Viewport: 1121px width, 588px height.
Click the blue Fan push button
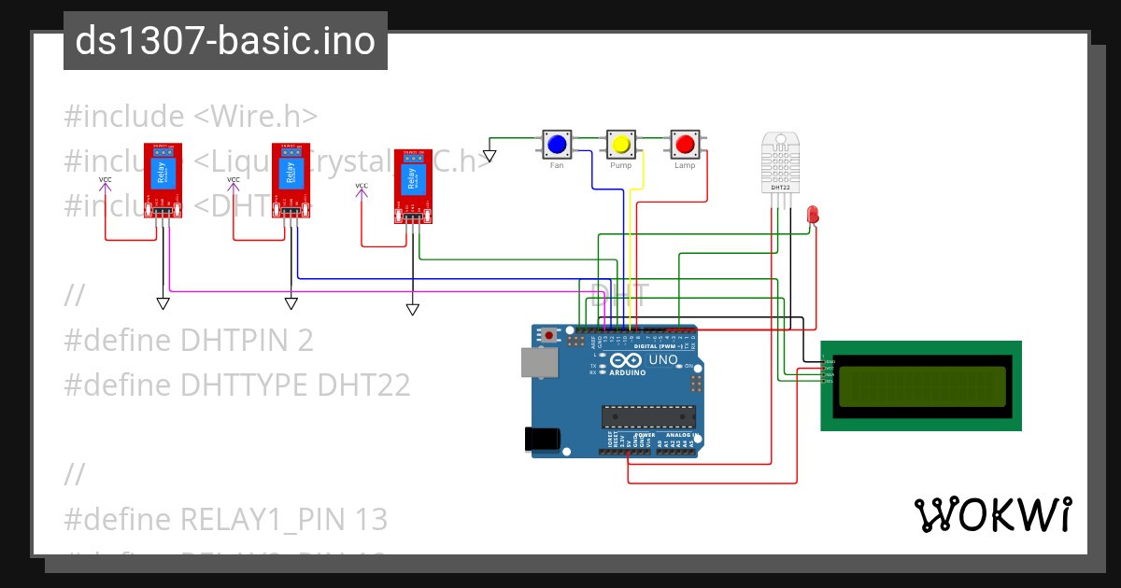point(557,145)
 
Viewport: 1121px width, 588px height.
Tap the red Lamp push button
point(685,145)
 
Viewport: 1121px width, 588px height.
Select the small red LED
point(813,215)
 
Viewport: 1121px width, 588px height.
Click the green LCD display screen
point(920,385)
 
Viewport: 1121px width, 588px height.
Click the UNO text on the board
point(662,359)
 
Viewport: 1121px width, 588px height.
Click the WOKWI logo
point(991,514)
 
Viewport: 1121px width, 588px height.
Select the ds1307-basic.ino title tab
point(225,41)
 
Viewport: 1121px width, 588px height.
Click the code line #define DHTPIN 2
point(188,341)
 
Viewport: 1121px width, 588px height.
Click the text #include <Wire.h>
point(191,117)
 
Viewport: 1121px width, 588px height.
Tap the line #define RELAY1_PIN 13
point(225,519)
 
